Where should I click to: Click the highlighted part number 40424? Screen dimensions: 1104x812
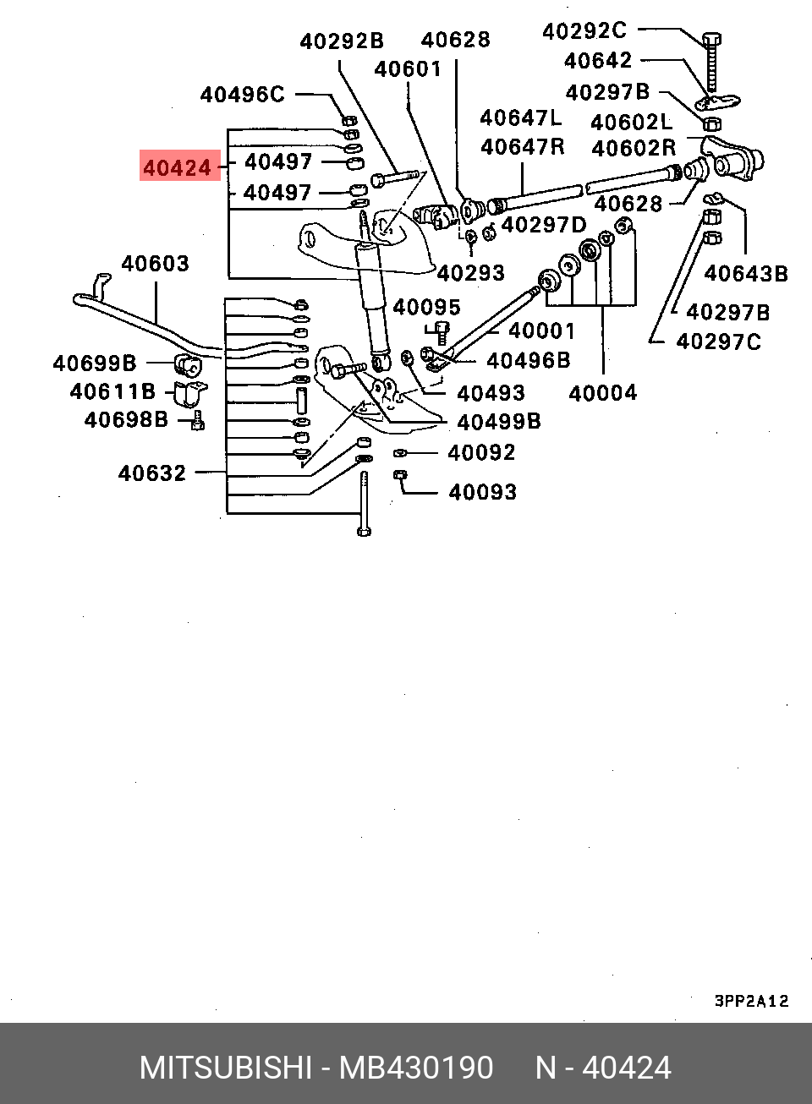(x=178, y=167)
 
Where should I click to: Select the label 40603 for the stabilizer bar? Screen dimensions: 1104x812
(x=155, y=264)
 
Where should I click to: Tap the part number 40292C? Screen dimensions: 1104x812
(x=584, y=31)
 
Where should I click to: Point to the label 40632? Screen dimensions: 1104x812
(x=152, y=473)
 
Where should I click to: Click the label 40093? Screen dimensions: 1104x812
(x=482, y=492)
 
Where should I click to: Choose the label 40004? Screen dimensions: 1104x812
(x=602, y=393)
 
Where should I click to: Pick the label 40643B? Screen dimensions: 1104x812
(x=745, y=274)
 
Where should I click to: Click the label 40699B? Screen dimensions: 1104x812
(x=95, y=363)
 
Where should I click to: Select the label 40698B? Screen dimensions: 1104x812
(x=126, y=420)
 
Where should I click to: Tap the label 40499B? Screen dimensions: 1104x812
(x=498, y=422)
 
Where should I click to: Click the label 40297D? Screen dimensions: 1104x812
(x=543, y=225)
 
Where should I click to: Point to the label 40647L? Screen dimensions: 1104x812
(x=520, y=118)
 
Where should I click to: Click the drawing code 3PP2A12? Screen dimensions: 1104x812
(x=751, y=1001)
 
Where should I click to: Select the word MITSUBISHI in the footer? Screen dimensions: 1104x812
(x=226, y=1068)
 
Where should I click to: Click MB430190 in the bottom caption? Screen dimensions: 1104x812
(x=416, y=1068)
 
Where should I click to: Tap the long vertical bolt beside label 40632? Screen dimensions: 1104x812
(x=364, y=504)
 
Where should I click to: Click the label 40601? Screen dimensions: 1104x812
(x=408, y=69)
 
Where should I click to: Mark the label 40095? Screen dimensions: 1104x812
(x=426, y=308)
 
